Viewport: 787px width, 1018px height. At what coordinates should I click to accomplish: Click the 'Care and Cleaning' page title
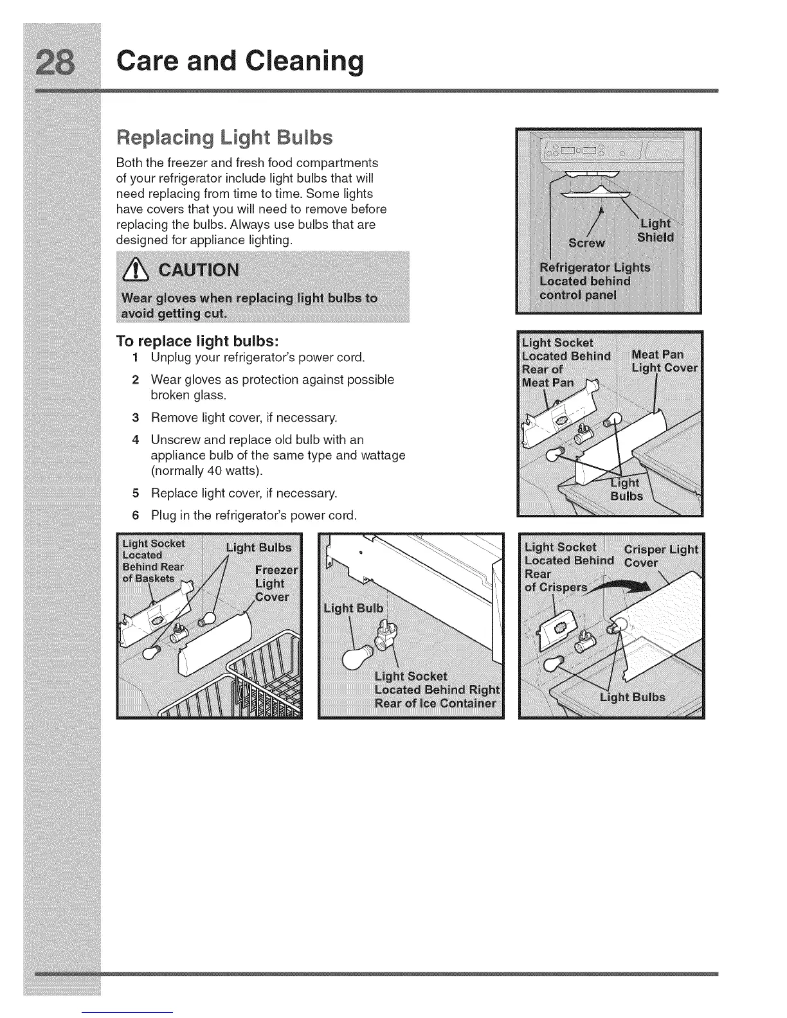239,60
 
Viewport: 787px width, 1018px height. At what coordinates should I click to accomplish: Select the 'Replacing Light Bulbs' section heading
224,138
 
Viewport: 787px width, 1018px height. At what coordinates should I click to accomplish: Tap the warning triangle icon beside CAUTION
136,270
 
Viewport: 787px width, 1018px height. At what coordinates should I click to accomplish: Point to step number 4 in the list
136,440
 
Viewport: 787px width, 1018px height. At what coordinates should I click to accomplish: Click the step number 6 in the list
136,515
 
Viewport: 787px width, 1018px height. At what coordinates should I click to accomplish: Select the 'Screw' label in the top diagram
586,243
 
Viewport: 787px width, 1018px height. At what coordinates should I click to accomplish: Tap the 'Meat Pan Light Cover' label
663,361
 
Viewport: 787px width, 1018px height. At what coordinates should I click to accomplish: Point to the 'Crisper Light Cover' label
660,556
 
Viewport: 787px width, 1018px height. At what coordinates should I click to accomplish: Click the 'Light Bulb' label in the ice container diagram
354,608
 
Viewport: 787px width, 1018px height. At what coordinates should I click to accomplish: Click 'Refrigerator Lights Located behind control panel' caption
595,281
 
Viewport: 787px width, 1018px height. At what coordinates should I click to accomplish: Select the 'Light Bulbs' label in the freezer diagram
258,548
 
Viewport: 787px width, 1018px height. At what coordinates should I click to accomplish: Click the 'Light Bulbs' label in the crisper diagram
632,697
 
